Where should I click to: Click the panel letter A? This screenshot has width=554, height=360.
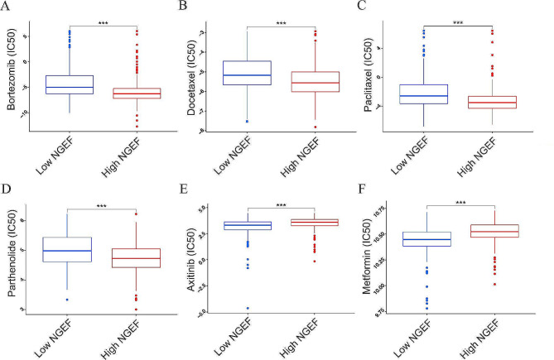pyautogui.click(x=7, y=8)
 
